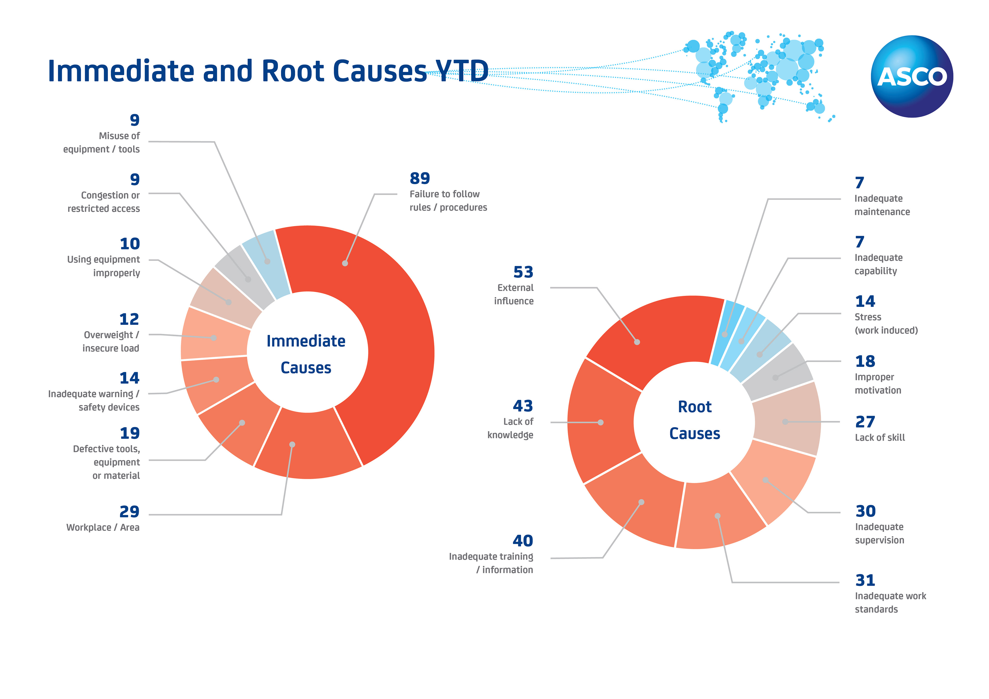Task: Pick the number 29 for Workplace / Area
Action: [129, 512]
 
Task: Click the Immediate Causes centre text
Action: [306, 354]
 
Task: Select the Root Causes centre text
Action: [694, 420]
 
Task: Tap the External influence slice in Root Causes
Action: [655, 336]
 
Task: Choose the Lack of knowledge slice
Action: [603, 422]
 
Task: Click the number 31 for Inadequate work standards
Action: [865, 580]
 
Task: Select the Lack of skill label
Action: [880, 438]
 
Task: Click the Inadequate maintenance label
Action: [882, 205]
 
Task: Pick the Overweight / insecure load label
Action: [111, 342]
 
